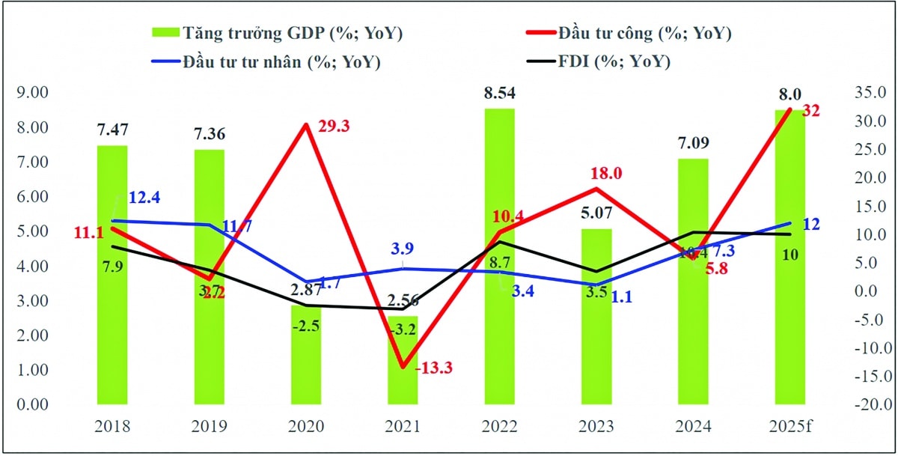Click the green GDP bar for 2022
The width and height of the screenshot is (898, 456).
coord(499,255)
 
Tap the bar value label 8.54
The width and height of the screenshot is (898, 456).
coord(499,94)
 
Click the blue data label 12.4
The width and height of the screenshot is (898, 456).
coord(144,198)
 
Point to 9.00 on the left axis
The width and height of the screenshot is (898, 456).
coord(34,93)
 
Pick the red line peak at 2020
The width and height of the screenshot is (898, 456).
coord(305,124)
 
